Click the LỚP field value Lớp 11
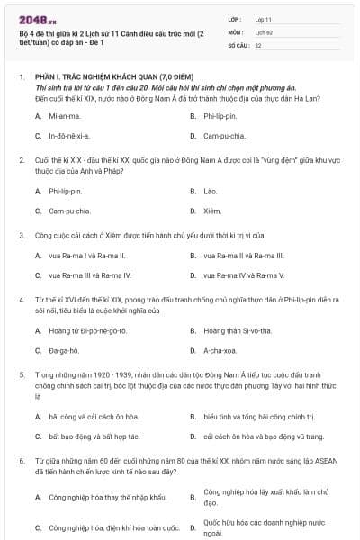click(263, 18)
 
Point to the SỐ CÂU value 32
click(258, 44)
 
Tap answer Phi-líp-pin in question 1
click(220, 116)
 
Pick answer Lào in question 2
click(211, 192)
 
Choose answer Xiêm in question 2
click(212, 211)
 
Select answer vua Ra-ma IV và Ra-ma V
click(243, 275)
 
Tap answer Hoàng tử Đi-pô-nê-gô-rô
click(88, 331)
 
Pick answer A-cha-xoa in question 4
click(220, 351)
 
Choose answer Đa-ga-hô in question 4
click(64, 351)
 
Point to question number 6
click(21, 460)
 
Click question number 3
click(21, 235)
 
